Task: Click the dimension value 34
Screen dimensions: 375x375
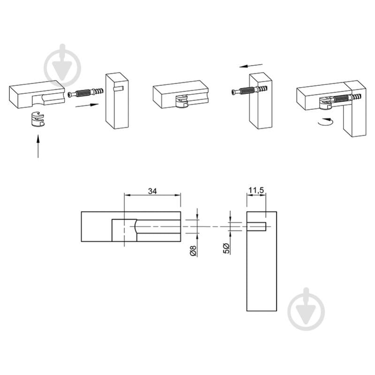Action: [153, 191]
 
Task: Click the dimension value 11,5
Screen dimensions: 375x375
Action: [256, 191]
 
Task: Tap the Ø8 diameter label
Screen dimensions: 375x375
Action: [193, 251]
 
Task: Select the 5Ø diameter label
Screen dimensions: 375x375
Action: [226, 248]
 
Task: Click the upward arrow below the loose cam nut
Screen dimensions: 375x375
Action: [38, 146]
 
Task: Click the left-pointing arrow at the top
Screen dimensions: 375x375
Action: [251, 66]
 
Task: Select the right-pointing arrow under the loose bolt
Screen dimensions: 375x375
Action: [87, 105]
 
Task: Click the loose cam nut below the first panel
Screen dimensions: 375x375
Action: [38, 119]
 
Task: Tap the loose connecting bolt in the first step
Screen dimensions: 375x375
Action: [85, 93]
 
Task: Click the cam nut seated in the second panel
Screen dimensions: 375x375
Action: [182, 101]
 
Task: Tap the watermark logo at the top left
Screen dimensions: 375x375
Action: [62, 65]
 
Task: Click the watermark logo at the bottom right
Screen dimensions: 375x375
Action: [306, 309]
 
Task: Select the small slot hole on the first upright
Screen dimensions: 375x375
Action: [118, 89]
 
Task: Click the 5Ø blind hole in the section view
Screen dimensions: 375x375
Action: [256, 226]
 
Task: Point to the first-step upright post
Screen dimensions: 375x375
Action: [117, 101]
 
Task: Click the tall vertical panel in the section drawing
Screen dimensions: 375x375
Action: [261, 261]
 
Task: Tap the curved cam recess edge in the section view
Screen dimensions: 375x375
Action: [135, 227]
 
